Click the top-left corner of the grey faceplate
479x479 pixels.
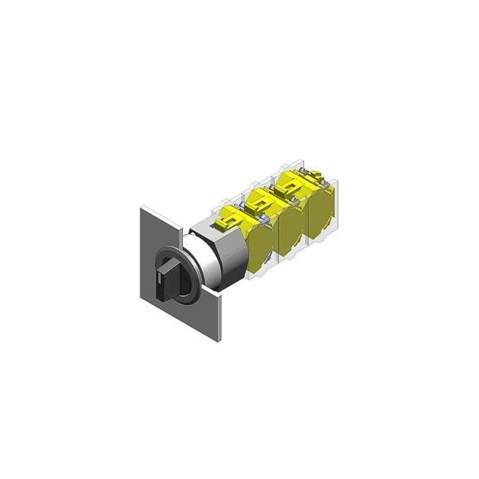141,208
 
